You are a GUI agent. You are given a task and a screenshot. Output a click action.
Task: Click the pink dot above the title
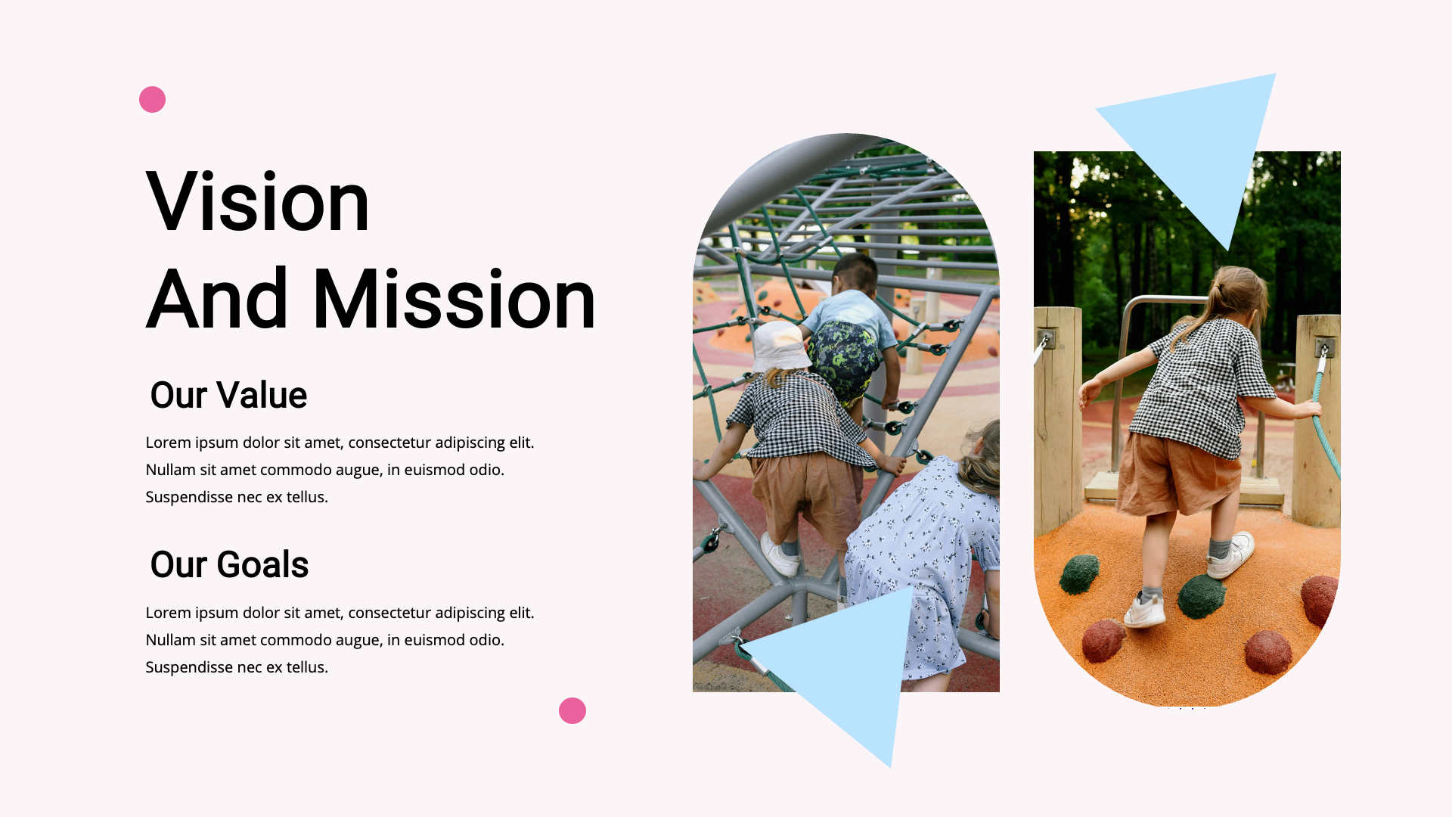(152, 99)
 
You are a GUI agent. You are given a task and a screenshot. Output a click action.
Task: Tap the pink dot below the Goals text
(572, 710)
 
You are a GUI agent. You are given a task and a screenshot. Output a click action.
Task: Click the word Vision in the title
(257, 202)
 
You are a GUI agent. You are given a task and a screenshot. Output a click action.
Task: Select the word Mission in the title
(454, 300)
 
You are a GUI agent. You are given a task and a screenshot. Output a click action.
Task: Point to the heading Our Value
(228, 395)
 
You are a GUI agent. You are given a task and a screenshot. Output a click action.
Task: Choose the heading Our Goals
(229, 564)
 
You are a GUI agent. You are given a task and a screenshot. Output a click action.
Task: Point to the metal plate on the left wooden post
(1047, 338)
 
